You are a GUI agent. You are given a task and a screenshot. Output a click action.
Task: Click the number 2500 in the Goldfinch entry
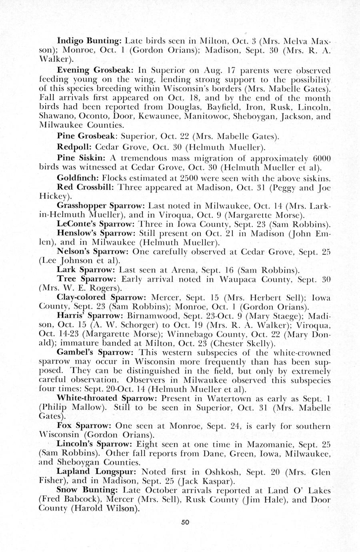pyautogui.click(x=196, y=177)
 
